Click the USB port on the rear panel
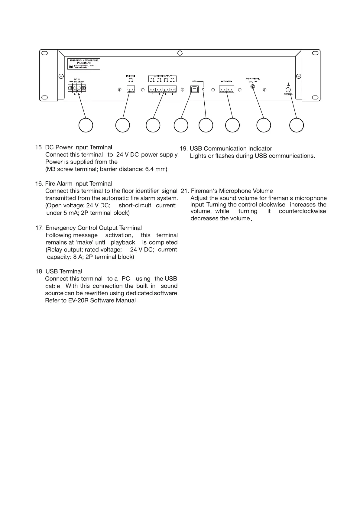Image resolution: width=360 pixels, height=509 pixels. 194,89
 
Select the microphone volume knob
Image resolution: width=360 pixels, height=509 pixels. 253,87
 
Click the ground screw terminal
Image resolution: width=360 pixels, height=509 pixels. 288,89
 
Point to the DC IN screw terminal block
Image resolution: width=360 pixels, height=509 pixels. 77,88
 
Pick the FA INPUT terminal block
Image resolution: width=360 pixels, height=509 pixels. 131,89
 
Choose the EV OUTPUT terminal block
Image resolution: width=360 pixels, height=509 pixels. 226,89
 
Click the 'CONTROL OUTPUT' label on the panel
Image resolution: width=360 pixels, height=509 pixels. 163,76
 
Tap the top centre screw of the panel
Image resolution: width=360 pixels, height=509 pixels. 180,53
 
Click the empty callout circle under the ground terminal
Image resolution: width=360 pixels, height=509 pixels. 296,125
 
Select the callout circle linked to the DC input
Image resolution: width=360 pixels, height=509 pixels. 86,125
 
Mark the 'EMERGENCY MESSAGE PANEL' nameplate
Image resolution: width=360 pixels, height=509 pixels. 83,64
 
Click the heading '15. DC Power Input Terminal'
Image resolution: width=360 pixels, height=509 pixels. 73,148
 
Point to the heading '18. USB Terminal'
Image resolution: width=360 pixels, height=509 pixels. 59,271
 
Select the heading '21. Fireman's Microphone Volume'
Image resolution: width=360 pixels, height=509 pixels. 227,191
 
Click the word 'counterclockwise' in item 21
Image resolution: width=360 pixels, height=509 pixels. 302,211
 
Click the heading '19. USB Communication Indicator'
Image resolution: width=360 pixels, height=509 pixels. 226,149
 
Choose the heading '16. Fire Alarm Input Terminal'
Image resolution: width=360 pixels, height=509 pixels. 73,184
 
